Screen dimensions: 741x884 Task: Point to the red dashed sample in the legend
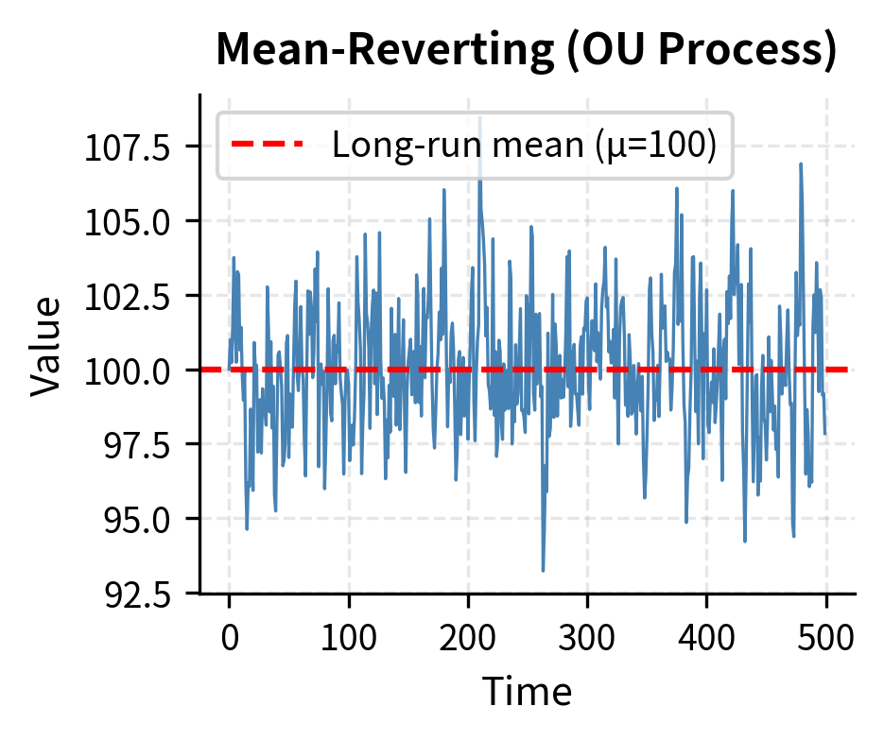(x=268, y=145)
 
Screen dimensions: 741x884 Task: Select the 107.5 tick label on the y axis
(x=128, y=147)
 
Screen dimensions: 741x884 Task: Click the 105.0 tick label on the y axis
(x=128, y=221)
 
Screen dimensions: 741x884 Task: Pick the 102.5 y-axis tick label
(x=128, y=296)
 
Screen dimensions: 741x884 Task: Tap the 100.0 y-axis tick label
(x=128, y=370)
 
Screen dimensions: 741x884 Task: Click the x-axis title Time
(x=527, y=692)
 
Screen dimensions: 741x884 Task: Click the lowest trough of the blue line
(x=543, y=570)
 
